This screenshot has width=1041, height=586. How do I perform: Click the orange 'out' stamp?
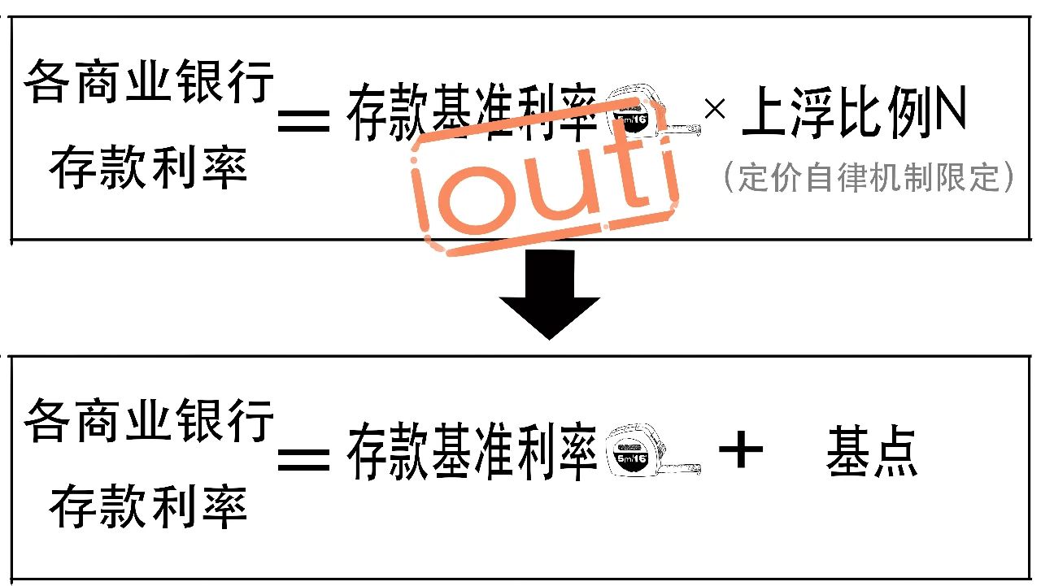(x=544, y=176)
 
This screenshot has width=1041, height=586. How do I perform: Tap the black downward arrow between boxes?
(x=549, y=294)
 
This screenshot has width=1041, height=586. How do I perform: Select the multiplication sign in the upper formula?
(x=715, y=110)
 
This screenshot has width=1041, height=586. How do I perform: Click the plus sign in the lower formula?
(x=741, y=449)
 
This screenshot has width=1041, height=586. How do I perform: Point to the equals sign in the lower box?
(x=304, y=460)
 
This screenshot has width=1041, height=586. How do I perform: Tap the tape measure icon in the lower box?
(x=653, y=450)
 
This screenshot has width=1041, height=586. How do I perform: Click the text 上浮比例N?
(x=854, y=111)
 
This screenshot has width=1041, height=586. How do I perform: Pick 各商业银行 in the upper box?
(x=149, y=81)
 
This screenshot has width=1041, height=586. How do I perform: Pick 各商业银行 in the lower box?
(x=149, y=420)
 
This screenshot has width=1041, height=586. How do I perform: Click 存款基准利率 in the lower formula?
(x=472, y=450)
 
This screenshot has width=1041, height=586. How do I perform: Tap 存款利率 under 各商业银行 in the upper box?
(x=148, y=167)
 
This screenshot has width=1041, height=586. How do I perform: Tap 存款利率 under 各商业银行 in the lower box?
(x=148, y=506)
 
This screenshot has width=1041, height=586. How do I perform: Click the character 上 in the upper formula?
(x=765, y=111)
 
